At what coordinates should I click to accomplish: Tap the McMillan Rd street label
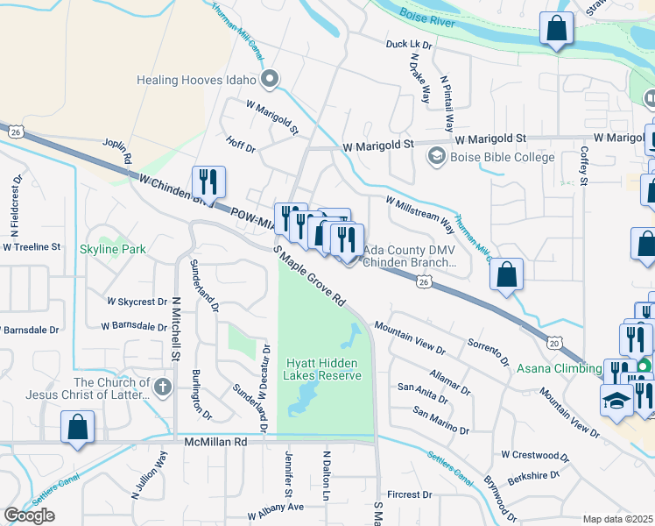tap(216, 444)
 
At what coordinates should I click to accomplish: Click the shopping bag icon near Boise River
tap(556, 30)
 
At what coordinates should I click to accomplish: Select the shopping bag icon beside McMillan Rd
tap(78, 430)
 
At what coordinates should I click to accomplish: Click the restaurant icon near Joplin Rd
tap(208, 182)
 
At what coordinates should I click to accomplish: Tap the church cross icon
tap(161, 387)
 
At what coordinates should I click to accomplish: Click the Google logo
tap(29, 515)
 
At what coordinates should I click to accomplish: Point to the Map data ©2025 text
tap(618, 519)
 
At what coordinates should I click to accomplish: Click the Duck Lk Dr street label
tap(409, 45)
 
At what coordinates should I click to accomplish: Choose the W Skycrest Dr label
tap(137, 302)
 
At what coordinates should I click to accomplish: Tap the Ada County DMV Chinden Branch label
tap(410, 255)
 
